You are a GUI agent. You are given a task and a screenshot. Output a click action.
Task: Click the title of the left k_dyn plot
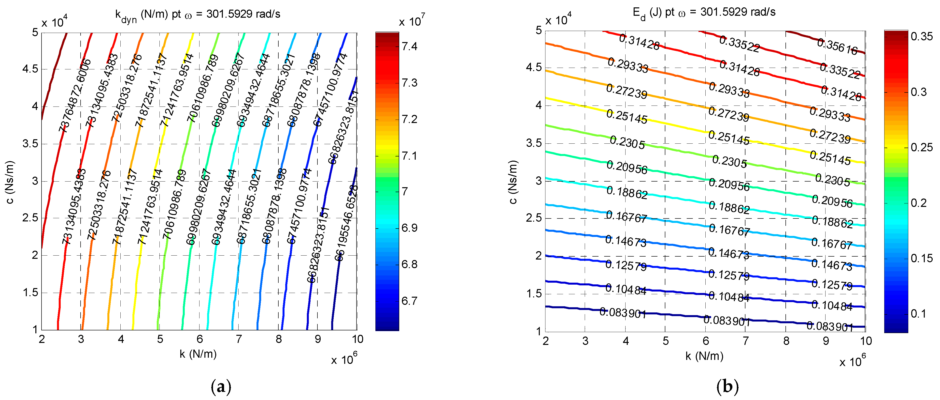click(x=198, y=15)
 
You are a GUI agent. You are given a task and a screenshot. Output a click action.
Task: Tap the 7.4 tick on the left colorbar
click(x=409, y=46)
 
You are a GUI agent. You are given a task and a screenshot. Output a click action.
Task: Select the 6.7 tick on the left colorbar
click(x=409, y=301)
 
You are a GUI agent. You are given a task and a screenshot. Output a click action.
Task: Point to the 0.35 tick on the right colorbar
click(x=921, y=36)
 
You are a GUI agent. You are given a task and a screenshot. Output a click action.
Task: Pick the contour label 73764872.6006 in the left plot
click(x=75, y=95)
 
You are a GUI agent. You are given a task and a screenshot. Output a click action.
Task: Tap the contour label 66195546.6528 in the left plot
click(x=346, y=223)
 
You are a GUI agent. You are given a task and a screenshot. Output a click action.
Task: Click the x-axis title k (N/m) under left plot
click(x=198, y=354)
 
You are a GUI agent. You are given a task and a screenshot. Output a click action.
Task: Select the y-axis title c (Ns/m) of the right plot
click(x=513, y=182)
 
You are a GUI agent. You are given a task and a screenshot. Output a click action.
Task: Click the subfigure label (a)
click(x=221, y=386)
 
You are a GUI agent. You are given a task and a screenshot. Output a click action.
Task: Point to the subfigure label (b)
click(x=727, y=386)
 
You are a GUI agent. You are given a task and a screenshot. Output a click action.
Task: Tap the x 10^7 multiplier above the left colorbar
click(x=412, y=21)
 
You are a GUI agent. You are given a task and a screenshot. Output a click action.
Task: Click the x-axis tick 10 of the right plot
click(x=866, y=341)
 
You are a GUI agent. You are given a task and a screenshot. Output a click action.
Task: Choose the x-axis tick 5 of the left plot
click(x=160, y=339)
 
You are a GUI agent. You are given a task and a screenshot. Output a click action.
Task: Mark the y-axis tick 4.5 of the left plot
click(x=30, y=69)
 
